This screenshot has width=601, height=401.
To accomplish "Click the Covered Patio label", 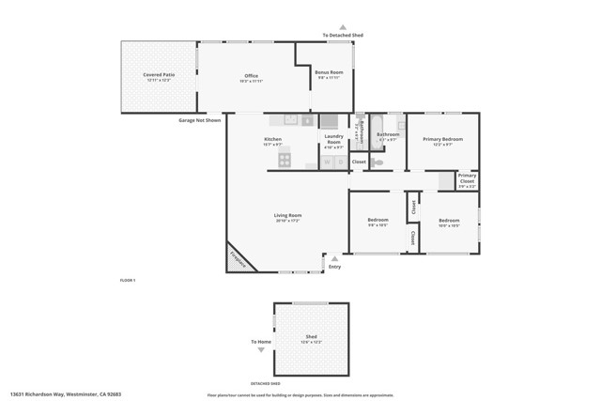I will [x=158, y=74].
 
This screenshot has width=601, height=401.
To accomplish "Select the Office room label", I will [x=251, y=76].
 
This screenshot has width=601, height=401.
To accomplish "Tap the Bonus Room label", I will [x=328, y=72].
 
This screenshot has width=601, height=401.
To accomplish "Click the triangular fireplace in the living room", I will [x=239, y=259].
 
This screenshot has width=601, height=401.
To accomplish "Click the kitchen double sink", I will [x=291, y=120].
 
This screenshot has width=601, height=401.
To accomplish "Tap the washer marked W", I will [x=328, y=162].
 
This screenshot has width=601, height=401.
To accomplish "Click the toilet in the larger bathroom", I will [x=378, y=162].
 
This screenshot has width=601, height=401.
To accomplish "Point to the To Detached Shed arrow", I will [x=343, y=27].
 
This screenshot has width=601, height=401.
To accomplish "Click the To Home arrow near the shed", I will [x=261, y=349].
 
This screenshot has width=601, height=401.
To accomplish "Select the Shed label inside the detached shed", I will [x=311, y=336].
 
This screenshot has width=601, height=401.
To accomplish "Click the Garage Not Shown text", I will [x=199, y=120].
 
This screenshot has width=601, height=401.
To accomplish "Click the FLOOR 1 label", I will [x=128, y=281].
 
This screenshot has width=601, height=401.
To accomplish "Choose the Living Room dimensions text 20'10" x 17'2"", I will [x=287, y=221].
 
